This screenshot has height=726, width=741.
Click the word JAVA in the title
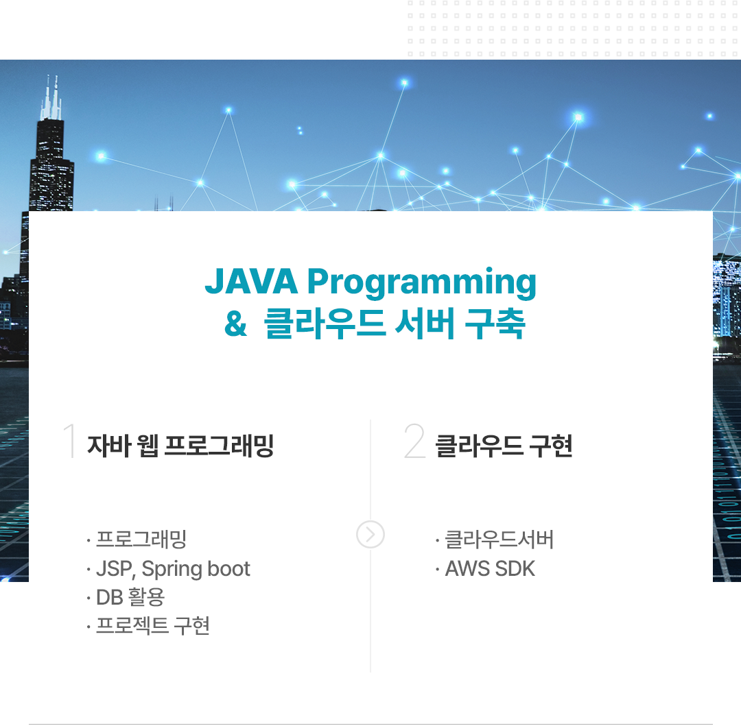pyautogui.click(x=251, y=281)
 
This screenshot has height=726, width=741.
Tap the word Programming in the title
pyautogui.click(x=421, y=283)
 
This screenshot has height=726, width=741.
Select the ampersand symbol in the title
pyautogui.click(x=235, y=324)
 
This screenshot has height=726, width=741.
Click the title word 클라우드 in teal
pyautogui.click(x=325, y=324)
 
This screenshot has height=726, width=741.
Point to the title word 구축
pyautogui.click(x=495, y=324)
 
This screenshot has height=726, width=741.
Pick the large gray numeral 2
pyautogui.click(x=414, y=440)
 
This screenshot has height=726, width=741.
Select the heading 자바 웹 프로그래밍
pyautogui.click(x=180, y=446)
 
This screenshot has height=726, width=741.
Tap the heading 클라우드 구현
pyautogui.click(x=504, y=446)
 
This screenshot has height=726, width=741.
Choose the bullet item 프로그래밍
pyautogui.click(x=141, y=539)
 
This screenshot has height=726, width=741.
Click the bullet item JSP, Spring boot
pyautogui.click(x=173, y=569)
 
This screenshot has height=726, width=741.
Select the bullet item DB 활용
pyautogui.click(x=130, y=597)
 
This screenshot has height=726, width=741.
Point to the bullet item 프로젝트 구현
pyautogui.click(x=152, y=625)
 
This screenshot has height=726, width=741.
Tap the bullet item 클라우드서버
pyautogui.click(x=499, y=539)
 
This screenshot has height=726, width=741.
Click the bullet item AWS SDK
pyautogui.click(x=490, y=569)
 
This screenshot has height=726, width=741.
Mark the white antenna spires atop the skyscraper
pyautogui.click(x=51, y=98)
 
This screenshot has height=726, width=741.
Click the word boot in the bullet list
pyautogui.click(x=228, y=568)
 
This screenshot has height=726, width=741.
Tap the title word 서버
pyautogui.click(x=425, y=324)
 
